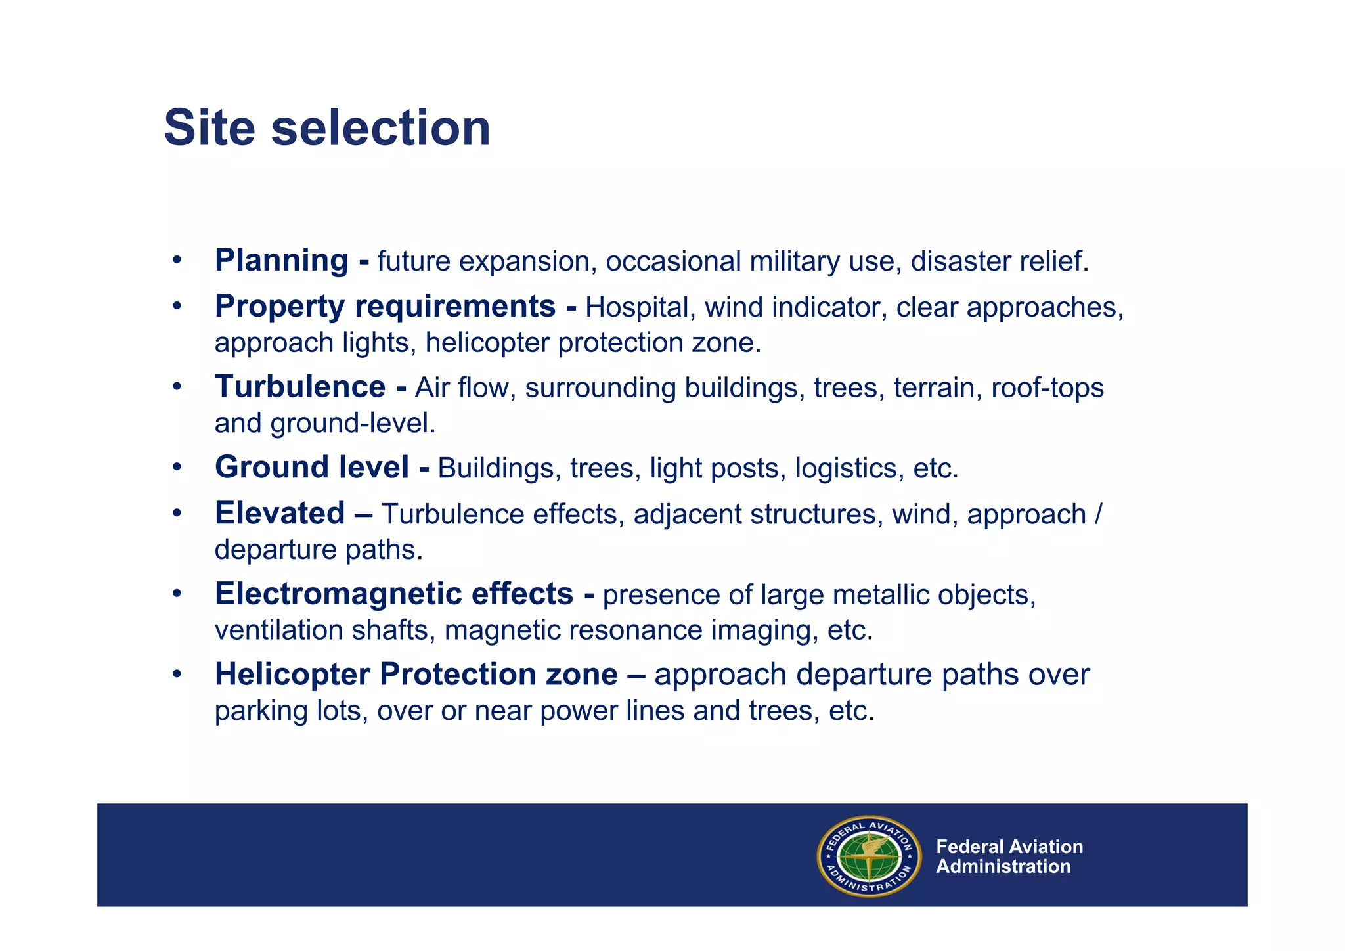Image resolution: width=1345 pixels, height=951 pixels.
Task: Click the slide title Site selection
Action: point(326,128)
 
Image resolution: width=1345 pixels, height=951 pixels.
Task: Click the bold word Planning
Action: point(281,260)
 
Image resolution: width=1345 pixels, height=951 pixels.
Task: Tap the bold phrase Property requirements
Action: point(385,307)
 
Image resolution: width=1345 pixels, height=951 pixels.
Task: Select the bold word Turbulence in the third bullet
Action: point(299,387)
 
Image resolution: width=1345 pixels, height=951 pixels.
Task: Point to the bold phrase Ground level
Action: point(311,468)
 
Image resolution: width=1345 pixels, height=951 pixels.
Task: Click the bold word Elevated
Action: point(279,514)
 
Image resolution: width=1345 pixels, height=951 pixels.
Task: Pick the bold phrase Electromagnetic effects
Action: point(393,594)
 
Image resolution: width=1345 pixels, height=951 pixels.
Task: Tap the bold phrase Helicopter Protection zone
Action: point(416,675)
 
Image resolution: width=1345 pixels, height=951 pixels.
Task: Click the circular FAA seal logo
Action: point(868,856)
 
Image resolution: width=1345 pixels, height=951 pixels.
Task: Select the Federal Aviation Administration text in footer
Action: point(1009,856)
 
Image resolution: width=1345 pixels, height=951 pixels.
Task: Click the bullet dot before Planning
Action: point(176,261)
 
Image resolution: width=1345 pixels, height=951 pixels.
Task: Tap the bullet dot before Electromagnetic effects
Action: point(176,594)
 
